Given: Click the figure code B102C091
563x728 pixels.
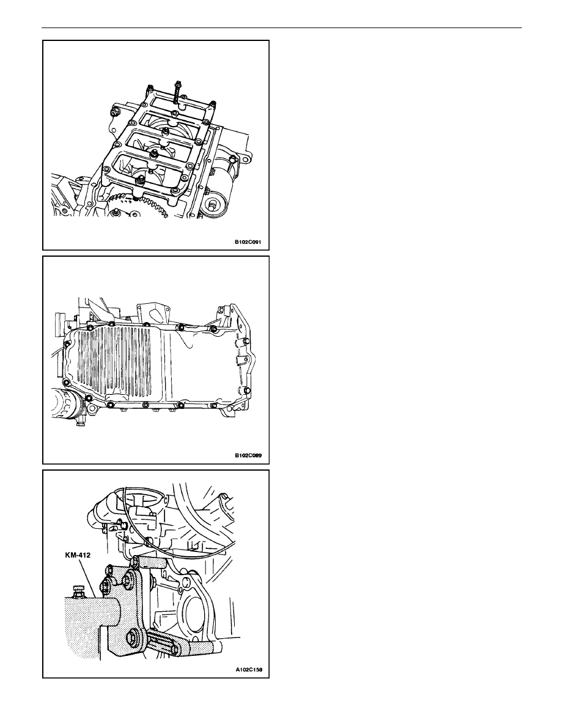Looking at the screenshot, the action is pyautogui.click(x=248, y=242).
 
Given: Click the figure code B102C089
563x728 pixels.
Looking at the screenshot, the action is pyautogui.click(x=248, y=455).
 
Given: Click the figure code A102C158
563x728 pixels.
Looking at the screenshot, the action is pyautogui.click(x=248, y=670).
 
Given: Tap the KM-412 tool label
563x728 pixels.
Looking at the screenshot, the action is pyautogui.click(x=78, y=555).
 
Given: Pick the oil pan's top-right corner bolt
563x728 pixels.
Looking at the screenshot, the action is pyautogui.click(x=213, y=329).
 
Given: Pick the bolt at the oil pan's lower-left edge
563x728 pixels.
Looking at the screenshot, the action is pyautogui.click(x=66, y=381).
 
